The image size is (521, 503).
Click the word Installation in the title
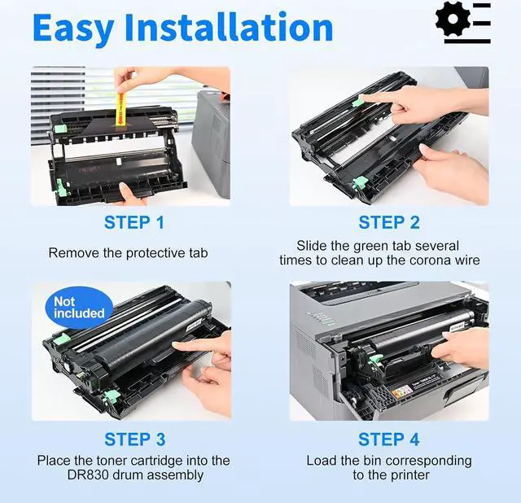[229, 26]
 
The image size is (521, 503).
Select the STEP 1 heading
[134, 222]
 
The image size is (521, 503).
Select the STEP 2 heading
[389, 222]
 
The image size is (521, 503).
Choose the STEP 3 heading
[134, 440]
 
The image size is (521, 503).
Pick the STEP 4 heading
[389, 440]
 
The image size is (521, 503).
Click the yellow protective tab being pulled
[120, 110]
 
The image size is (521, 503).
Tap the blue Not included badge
[79, 308]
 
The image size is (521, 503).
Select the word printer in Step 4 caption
[410, 475]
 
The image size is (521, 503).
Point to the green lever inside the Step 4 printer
[376, 359]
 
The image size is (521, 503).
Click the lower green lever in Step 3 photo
[112, 396]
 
